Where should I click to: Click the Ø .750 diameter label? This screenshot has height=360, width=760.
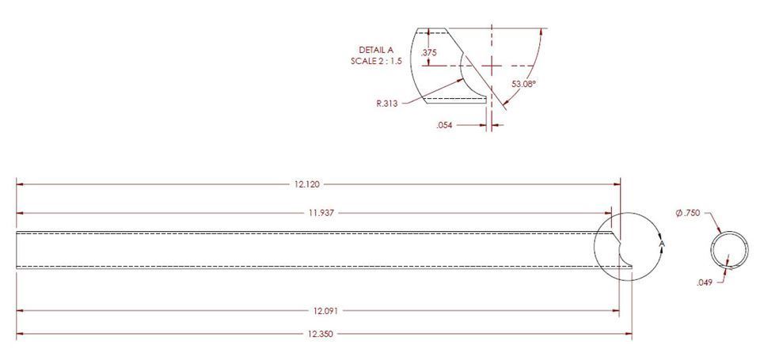click(x=690, y=214)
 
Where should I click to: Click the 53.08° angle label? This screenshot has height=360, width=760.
click(x=524, y=83)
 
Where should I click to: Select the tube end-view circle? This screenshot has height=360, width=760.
click(x=728, y=251)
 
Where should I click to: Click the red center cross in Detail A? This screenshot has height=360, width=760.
click(x=492, y=65)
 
